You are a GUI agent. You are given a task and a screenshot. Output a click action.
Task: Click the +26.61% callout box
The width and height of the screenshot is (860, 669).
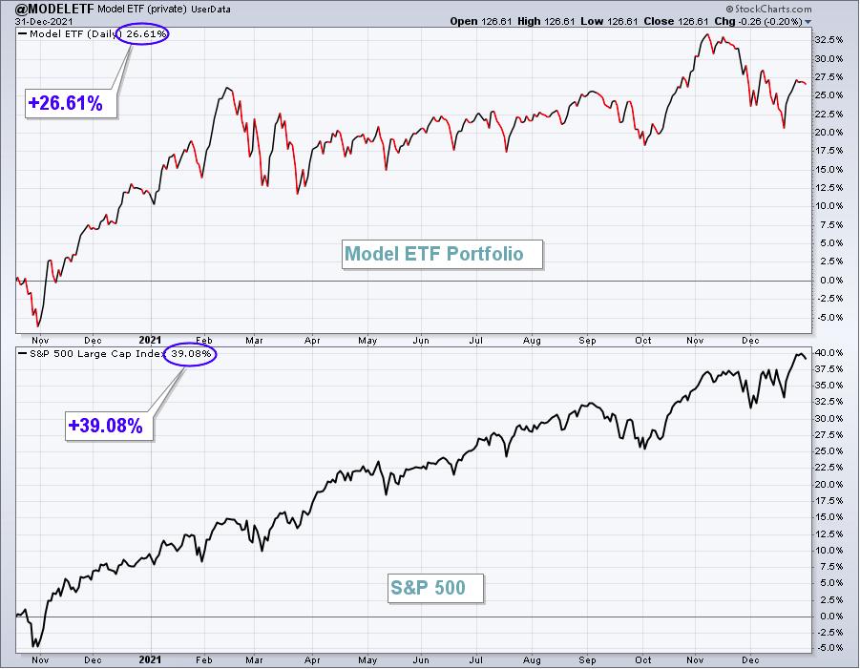[72, 103]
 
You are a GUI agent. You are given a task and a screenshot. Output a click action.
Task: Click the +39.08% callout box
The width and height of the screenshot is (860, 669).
[109, 426]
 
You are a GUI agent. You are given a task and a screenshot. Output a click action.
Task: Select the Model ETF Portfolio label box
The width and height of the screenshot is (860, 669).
[442, 254]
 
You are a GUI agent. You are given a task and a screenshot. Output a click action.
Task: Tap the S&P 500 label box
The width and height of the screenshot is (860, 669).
[435, 588]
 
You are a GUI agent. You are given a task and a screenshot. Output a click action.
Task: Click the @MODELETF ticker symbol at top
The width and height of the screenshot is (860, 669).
[54, 9]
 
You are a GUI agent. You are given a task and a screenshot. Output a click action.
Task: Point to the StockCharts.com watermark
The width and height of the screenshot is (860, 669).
[768, 9]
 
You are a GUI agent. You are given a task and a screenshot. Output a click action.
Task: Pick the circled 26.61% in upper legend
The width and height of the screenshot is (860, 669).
[142, 34]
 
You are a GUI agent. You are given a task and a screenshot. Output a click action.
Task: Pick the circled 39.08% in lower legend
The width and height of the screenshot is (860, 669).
[190, 354]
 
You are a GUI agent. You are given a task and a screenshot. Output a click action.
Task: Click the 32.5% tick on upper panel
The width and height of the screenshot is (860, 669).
[829, 40]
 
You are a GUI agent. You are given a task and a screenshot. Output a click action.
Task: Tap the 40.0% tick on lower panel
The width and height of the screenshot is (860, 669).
[829, 352]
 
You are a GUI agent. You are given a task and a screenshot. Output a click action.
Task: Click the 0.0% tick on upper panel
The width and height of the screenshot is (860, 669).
[831, 281]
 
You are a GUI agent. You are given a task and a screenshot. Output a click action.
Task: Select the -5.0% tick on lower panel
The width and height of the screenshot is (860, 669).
[829, 648]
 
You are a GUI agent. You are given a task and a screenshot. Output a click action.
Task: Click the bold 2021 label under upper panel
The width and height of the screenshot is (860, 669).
[150, 340]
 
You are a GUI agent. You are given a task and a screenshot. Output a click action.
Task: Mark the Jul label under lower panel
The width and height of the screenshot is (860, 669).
[475, 660]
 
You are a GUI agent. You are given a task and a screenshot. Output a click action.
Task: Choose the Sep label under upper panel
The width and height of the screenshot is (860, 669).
[587, 341]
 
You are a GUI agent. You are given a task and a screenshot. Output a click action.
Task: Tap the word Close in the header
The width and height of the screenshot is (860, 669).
[659, 21]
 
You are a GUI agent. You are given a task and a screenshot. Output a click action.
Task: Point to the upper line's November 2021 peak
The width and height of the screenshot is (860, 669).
[707, 34]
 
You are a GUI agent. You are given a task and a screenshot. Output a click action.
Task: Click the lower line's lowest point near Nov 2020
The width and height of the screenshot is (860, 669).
[36, 646]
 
